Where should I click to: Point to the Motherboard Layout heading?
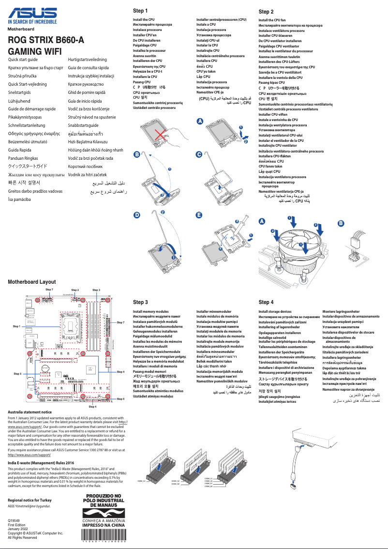coord(31,282)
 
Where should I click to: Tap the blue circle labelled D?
coord(137,214)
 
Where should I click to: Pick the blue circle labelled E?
coord(198,214)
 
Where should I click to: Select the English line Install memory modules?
coord(151,312)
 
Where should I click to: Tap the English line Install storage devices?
coord(275,312)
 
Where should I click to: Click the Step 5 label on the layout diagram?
coord(17,374)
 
